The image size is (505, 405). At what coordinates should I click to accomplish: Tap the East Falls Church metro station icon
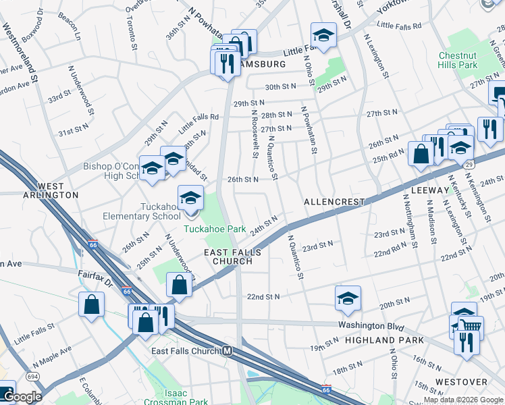pyautogui.click(x=228, y=351)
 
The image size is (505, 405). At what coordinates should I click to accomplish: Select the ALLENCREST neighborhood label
pyautogui.click(x=334, y=202)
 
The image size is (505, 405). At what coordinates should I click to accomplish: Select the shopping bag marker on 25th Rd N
pyautogui.click(x=421, y=154)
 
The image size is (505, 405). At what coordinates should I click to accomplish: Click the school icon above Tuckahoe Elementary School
pyautogui.click(x=191, y=198)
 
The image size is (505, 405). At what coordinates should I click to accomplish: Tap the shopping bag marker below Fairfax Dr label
pyautogui.click(x=91, y=304)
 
